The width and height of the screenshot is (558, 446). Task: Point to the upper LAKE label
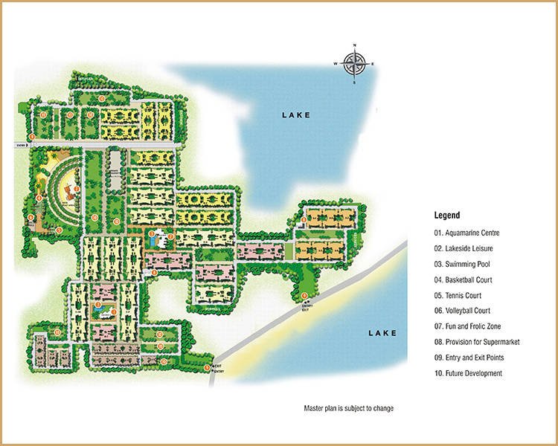click(295, 115)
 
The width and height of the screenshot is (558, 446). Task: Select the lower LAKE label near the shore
click(382, 334)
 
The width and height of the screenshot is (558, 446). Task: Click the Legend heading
click(447, 215)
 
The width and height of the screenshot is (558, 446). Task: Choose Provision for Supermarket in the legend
click(477, 342)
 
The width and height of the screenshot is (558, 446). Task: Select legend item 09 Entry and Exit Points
click(473, 358)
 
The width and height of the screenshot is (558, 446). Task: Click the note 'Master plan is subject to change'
click(348, 409)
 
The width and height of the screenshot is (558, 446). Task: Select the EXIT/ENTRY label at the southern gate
click(217, 369)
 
